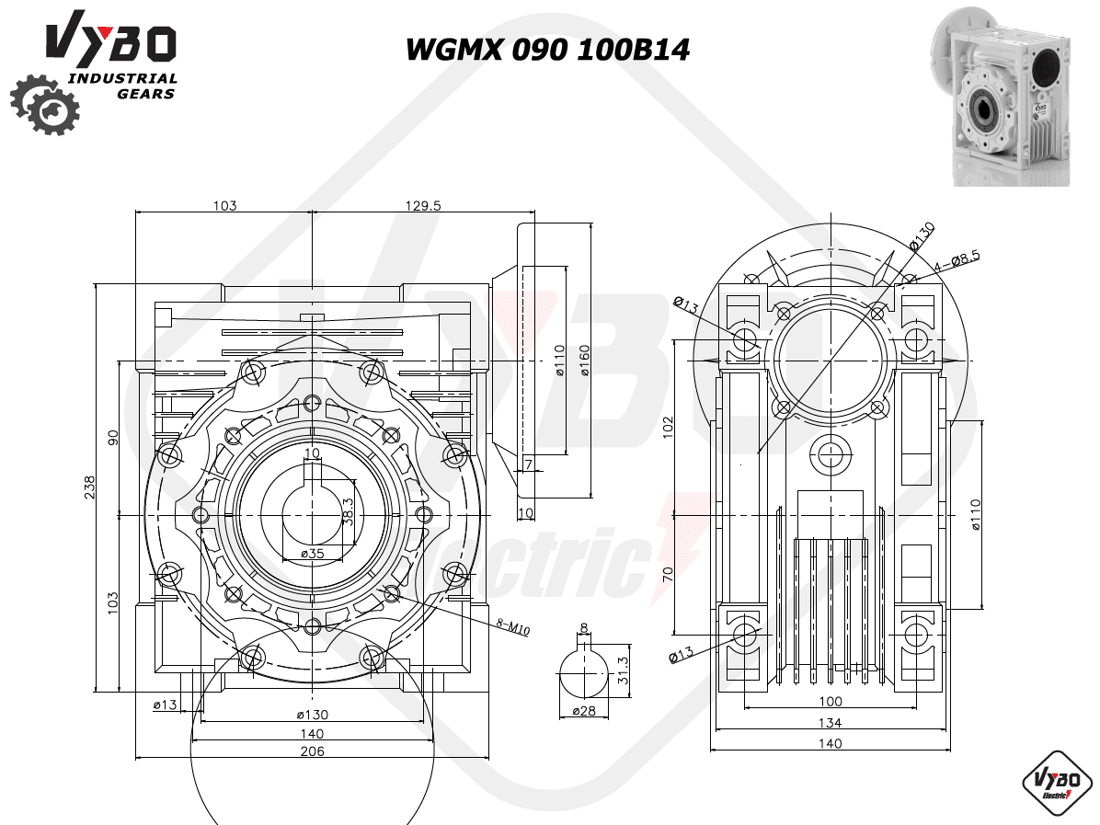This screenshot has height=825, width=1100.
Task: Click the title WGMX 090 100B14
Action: tap(548, 50)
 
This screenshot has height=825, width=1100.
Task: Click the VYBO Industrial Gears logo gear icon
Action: tap(45, 105)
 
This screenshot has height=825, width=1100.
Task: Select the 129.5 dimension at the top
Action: tap(423, 205)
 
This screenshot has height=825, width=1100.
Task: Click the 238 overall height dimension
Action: tap(90, 487)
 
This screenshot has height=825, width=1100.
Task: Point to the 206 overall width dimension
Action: tap(312, 751)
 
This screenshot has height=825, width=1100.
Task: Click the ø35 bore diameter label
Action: tap(312, 554)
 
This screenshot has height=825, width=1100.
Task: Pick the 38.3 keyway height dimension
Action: tap(349, 511)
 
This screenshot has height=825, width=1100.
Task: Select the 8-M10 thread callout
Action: tap(513, 626)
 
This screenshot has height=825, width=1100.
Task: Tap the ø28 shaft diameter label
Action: tap(584, 711)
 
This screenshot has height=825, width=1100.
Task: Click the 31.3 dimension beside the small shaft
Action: tap(623, 670)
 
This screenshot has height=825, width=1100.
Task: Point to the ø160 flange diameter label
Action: tap(584, 361)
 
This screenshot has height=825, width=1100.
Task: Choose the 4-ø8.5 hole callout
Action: tap(957, 261)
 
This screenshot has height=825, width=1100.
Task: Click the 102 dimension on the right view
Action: tap(667, 428)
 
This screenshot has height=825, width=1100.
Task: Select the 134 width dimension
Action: tap(830, 723)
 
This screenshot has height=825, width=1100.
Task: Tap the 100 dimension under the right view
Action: tap(831, 701)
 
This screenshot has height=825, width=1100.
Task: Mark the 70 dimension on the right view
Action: tap(667, 574)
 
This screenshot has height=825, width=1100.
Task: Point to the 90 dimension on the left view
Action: tap(113, 437)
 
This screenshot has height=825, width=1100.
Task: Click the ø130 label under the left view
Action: tap(312, 715)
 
